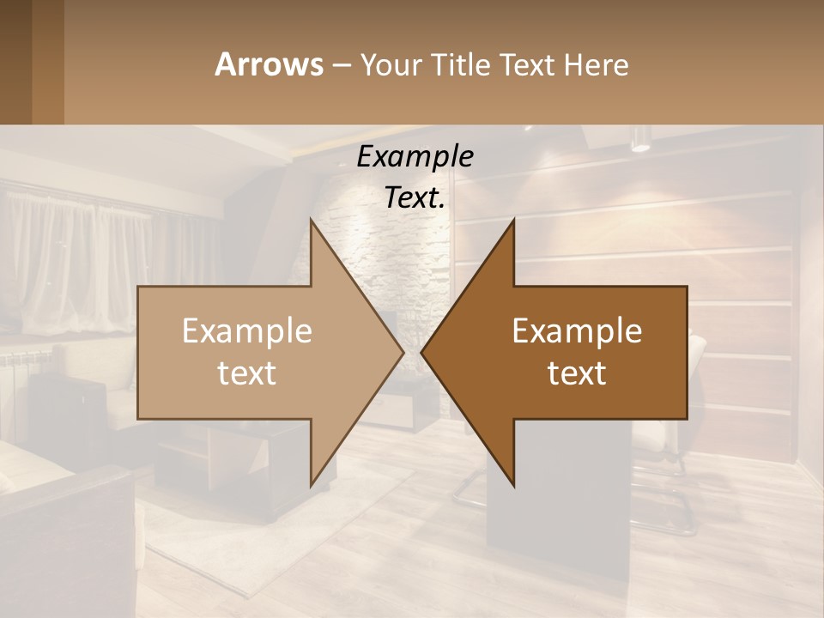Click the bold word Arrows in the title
click(268, 64)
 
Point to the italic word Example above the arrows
click(415, 156)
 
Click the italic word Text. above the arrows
click(415, 197)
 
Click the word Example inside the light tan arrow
click(247, 331)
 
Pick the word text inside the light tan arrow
click(247, 373)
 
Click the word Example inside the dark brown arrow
click(577, 331)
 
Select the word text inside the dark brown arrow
click(577, 373)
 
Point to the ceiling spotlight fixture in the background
click(640, 139)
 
